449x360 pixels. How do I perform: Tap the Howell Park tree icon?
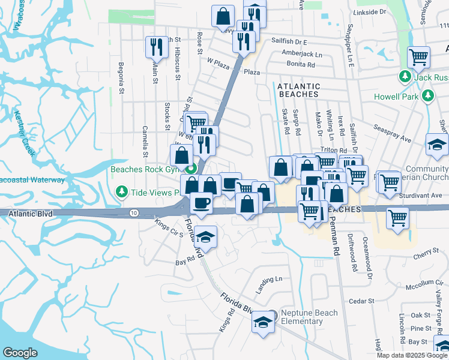point(427,96)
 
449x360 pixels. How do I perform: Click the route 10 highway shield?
point(133,213)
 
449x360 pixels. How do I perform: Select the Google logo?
point(20,353)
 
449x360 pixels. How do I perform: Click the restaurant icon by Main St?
point(155,47)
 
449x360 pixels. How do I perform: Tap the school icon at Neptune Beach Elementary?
point(262,322)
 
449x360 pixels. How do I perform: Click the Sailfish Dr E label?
point(289,42)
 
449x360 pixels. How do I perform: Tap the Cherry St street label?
point(427,257)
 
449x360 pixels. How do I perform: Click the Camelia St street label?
point(145,137)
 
